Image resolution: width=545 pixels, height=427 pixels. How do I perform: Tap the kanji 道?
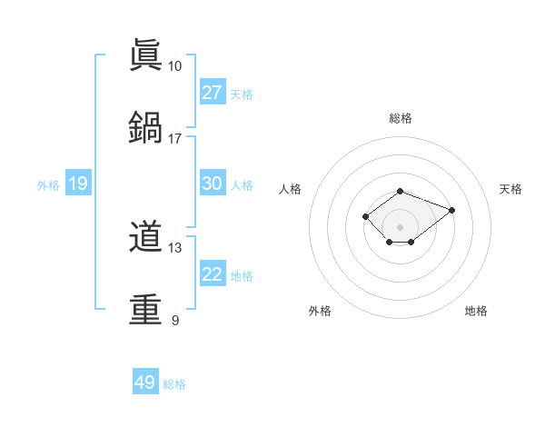coord(146,239)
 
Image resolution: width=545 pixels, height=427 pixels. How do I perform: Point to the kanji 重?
coord(146,309)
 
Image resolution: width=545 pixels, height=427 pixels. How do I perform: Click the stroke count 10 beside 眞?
coord(174,66)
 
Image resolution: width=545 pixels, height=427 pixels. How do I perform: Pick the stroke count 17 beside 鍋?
coord(174,138)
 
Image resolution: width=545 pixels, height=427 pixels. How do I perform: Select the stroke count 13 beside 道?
coord(174,248)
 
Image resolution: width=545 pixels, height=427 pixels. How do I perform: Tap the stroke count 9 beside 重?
coord(174,320)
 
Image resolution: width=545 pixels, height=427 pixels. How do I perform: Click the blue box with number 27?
coord(213,92)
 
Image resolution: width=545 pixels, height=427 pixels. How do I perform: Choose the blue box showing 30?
coord(213,184)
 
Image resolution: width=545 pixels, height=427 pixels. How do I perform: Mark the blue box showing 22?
coord(213,274)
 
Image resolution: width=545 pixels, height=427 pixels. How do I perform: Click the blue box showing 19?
coord(78,184)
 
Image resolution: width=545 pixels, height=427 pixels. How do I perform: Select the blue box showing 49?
coord(145,382)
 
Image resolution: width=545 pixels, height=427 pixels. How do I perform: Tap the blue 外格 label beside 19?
coord(48,185)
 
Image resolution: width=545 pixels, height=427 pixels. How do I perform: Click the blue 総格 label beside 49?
coord(174,384)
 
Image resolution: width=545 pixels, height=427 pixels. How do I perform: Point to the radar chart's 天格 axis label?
coord(510,189)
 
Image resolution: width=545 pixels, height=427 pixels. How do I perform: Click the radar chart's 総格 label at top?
coord(400,118)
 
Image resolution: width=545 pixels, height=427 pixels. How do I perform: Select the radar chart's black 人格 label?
coord(291,189)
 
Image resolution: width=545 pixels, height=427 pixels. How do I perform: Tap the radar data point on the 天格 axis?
coord(451,210)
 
